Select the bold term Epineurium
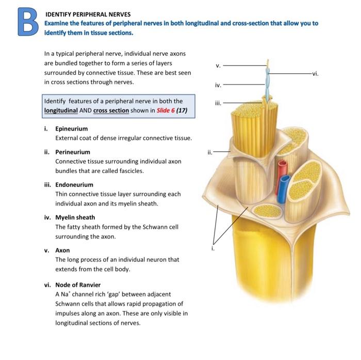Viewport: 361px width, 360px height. (71, 129)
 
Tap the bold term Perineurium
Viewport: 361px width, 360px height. (72, 152)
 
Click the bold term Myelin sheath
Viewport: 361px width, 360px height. (75, 217)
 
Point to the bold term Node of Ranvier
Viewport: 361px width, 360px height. (78, 285)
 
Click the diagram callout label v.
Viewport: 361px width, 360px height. (218, 66)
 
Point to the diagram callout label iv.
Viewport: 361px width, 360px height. (218, 84)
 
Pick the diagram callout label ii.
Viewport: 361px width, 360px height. (209, 152)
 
